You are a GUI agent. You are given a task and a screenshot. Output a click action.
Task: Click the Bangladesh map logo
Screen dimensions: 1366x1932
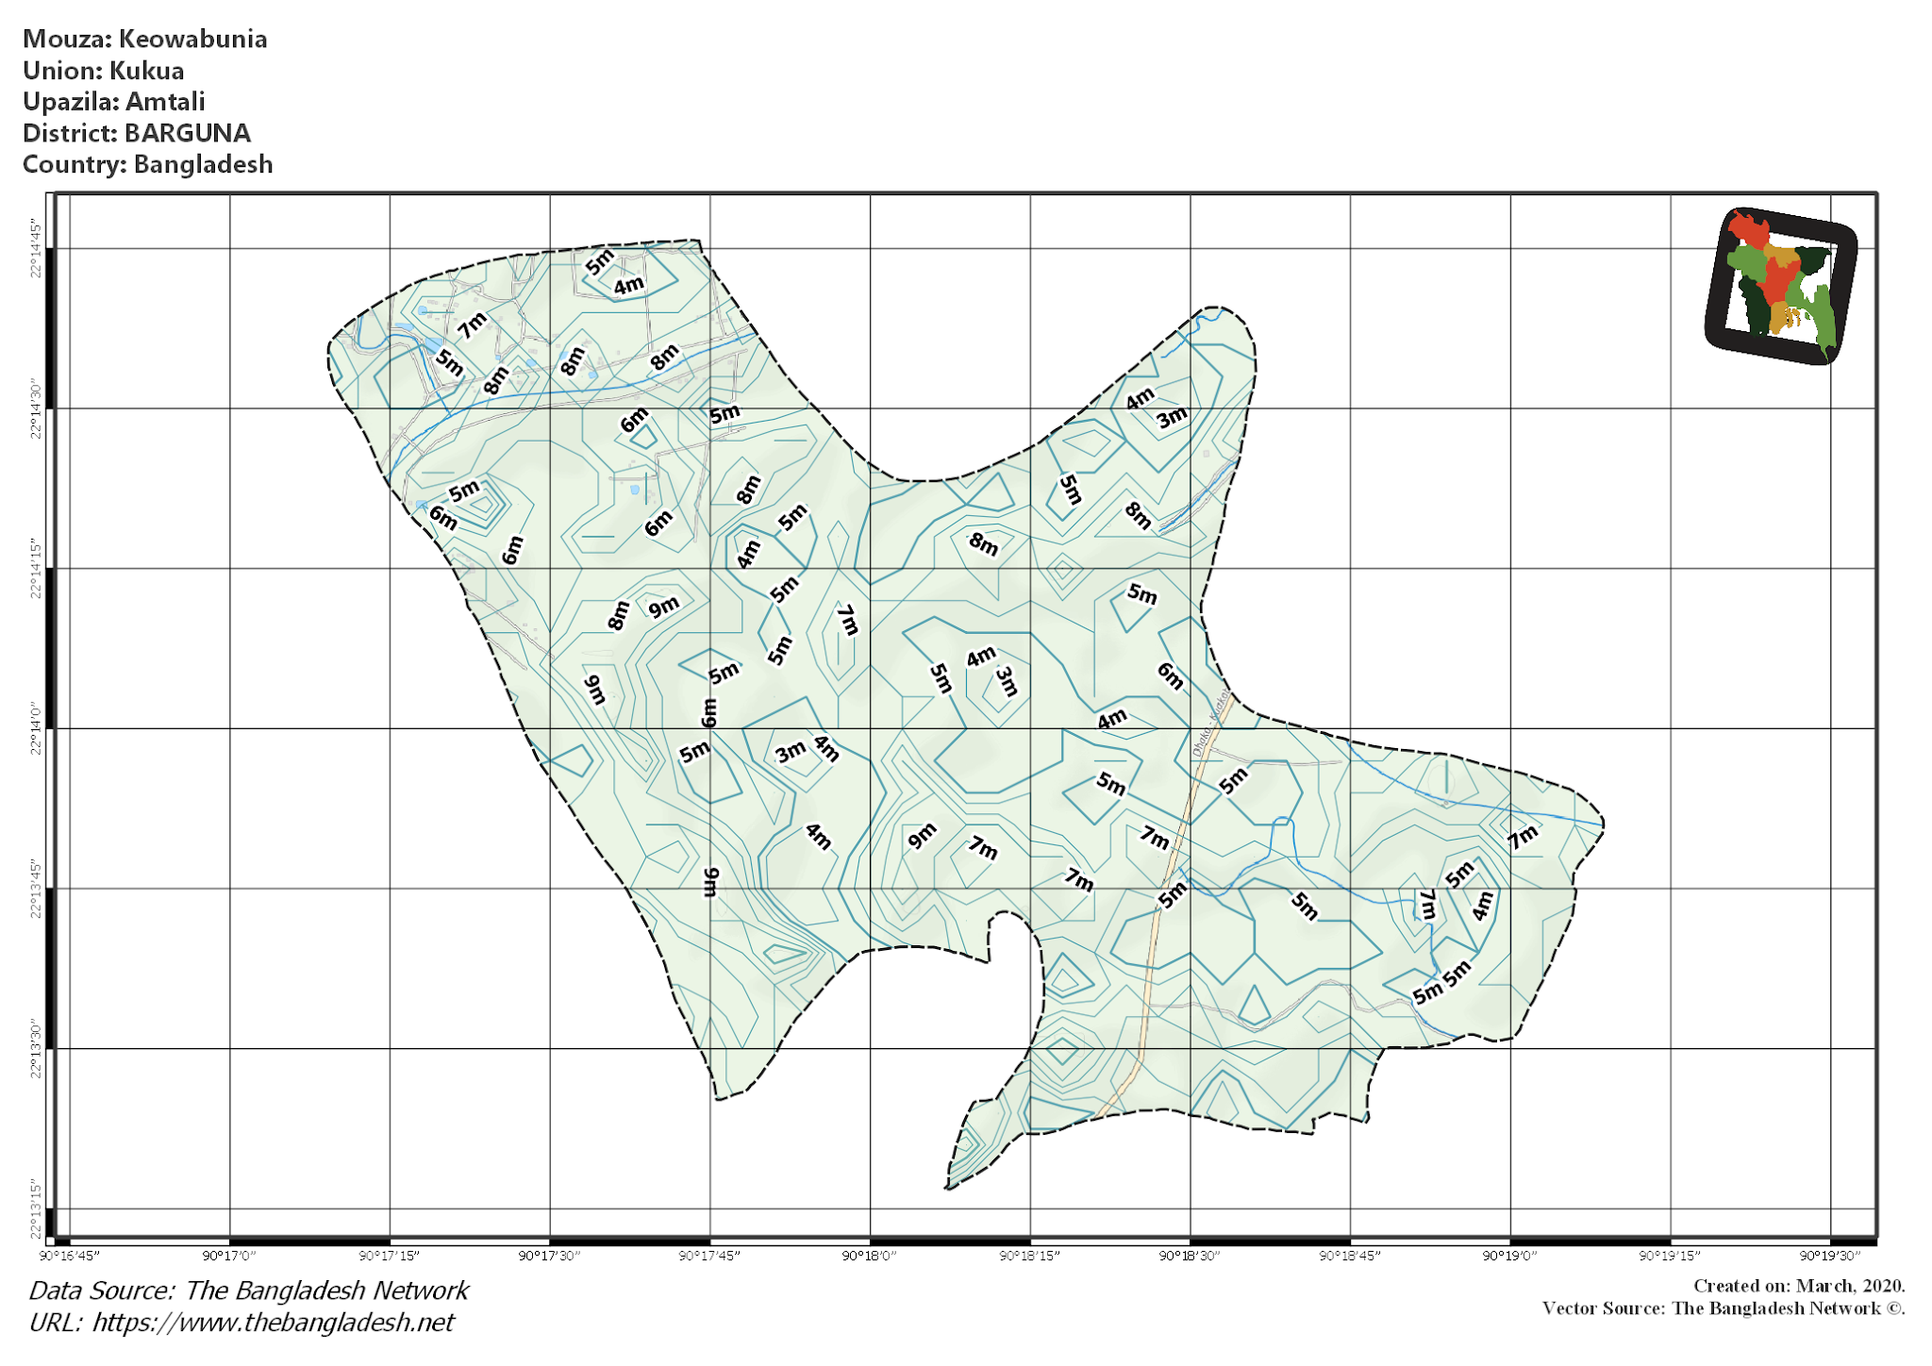(1781, 286)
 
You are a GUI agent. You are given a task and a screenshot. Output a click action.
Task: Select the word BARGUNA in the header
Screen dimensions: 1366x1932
(188, 133)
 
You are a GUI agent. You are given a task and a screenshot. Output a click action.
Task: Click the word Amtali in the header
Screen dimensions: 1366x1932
(165, 102)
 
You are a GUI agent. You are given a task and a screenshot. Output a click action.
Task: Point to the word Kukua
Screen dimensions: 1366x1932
(146, 71)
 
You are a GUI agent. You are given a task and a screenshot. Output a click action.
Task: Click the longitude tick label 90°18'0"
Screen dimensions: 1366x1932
(870, 1256)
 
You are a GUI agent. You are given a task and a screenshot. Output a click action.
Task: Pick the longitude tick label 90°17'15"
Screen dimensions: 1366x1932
(390, 1256)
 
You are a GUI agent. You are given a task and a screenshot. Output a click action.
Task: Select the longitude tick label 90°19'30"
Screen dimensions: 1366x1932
(1830, 1256)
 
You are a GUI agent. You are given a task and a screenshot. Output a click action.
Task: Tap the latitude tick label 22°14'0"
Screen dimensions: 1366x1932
(36, 727)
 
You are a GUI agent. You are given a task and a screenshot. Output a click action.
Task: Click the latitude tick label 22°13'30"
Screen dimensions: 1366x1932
(36, 1047)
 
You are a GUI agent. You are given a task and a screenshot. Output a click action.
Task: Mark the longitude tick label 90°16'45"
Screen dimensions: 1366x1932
(69, 1256)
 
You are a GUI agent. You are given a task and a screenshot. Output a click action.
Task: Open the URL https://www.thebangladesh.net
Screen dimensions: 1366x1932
(273, 1323)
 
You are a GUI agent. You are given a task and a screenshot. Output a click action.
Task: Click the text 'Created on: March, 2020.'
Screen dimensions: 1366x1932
(1799, 1286)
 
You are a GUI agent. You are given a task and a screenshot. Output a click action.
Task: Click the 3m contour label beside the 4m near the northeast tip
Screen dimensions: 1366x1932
(1172, 417)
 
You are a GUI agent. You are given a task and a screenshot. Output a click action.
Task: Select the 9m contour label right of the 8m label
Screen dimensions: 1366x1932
(663, 607)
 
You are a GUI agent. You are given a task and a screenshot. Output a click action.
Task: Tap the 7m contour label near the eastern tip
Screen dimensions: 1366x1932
(1522, 837)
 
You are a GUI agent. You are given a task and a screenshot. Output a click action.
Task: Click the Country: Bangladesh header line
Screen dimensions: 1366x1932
(147, 164)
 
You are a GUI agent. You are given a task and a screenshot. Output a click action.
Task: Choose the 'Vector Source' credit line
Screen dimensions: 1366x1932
(1723, 1308)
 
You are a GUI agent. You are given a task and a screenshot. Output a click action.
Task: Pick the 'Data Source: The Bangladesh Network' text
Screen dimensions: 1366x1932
(248, 1291)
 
